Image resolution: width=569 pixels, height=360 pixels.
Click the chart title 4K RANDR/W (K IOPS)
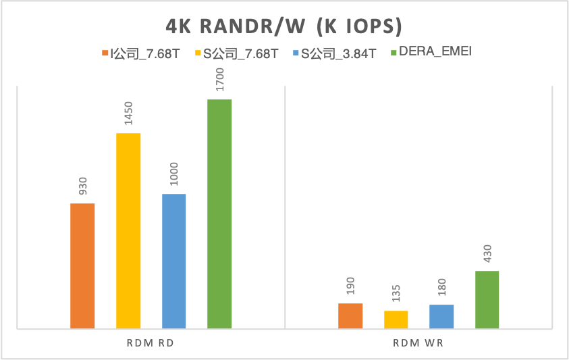click(284, 26)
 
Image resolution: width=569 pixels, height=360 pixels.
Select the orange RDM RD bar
click(82, 266)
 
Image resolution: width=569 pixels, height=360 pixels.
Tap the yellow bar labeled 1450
click(128, 231)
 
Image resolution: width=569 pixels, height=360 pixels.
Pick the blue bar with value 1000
click(173, 261)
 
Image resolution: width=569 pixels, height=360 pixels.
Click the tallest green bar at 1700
click(219, 214)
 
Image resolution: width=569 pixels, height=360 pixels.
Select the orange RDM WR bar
click(350, 316)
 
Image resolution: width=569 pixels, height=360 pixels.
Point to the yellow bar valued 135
click(396, 319)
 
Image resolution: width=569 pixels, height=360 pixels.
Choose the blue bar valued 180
click(441, 317)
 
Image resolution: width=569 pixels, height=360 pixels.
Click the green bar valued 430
click(487, 300)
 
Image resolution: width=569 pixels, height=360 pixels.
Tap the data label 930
click(83, 187)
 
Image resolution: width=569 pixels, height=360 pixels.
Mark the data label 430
click(487, 255)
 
